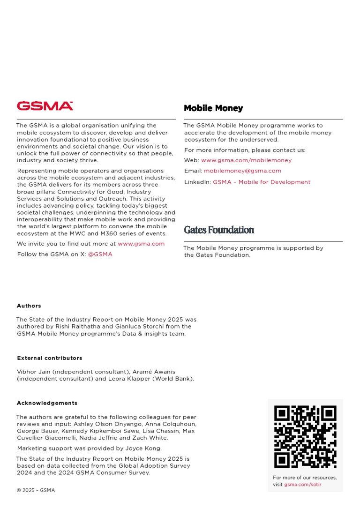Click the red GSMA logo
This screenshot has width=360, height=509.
45,106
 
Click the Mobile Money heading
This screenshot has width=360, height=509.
213,108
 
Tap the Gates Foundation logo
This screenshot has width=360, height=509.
219,230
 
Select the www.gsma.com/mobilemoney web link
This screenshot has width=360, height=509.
246,160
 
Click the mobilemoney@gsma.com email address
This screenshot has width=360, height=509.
242,171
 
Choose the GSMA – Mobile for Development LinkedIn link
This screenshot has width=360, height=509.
262,182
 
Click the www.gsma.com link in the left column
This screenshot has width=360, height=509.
141,244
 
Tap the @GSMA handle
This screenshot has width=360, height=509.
100,254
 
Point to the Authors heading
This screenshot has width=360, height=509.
29,306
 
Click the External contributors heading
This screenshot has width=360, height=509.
50,358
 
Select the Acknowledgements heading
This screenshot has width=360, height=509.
47,403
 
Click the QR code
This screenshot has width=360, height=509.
305,436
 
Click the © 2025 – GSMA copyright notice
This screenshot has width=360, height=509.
36,490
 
